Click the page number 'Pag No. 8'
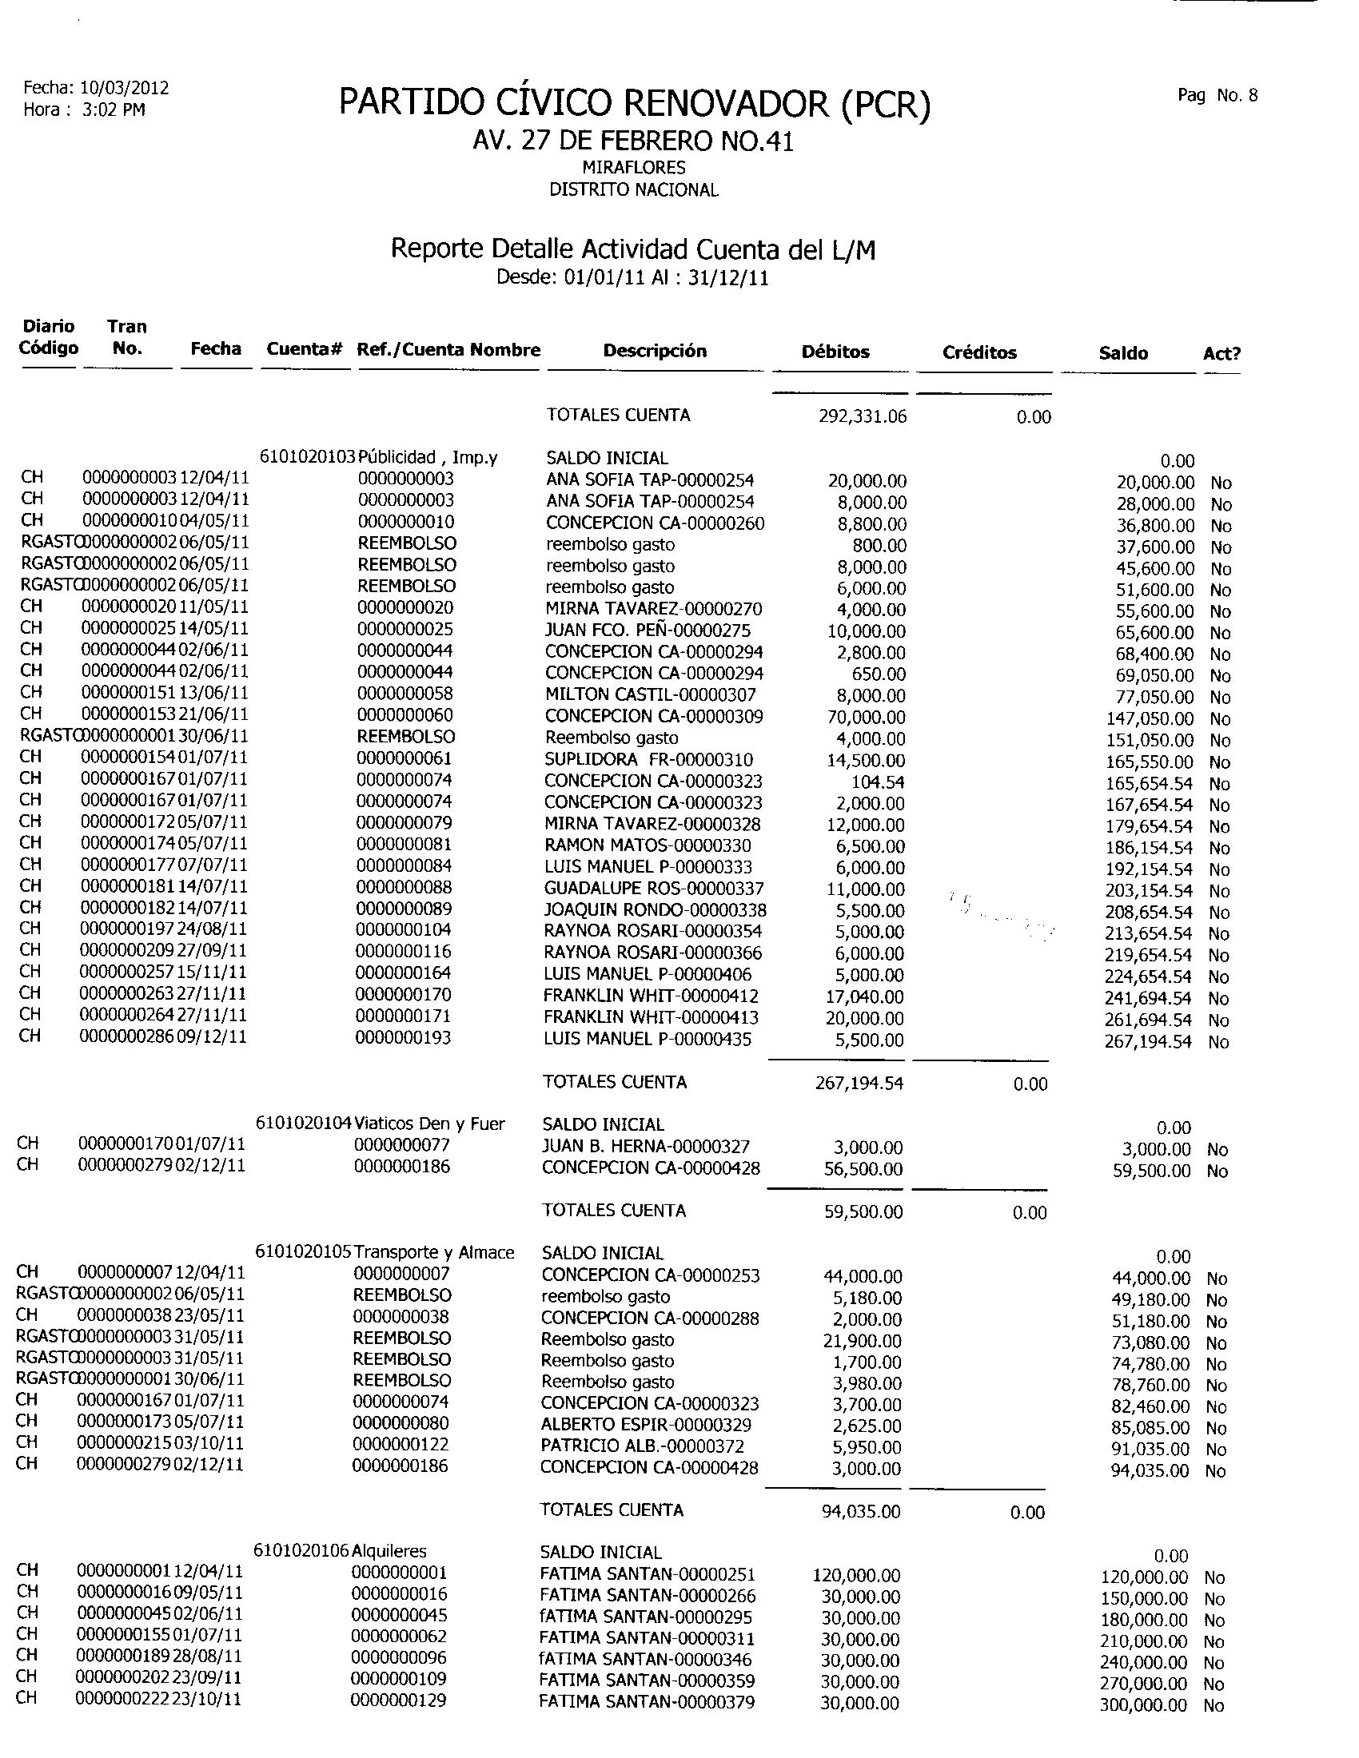click(x=1217, y=96)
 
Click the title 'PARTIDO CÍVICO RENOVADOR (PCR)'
click(x=635, y=104)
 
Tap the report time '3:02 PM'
click(x=114, y=109)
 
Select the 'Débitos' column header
click(x=835, y=352)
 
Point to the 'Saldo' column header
click(x=1123, y=352)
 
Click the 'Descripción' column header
click(x=655, y=351)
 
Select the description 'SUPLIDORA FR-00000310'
click(x=649, y=759)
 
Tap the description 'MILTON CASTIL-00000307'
click(x=651, y=694)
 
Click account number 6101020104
click(x=305, y=1123)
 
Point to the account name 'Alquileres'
click(x=389, y=1550)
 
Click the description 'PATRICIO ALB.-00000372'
click(x=643, y=1446)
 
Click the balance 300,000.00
click(x=1143, y=1704)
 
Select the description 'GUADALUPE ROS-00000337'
click(x=654, y=889)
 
